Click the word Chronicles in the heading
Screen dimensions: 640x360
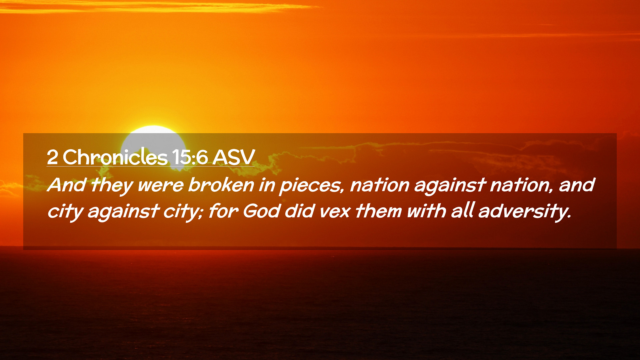coord(115,157)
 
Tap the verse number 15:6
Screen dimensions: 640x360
coord(190,157)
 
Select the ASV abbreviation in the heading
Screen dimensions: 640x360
coord(234,157)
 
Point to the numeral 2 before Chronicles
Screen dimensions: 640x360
coord(52,157)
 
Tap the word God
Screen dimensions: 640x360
coord(261,211)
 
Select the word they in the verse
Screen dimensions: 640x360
coord(111,185)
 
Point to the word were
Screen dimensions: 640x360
coord(161,186)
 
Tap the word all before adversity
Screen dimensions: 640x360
coord(462,211)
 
